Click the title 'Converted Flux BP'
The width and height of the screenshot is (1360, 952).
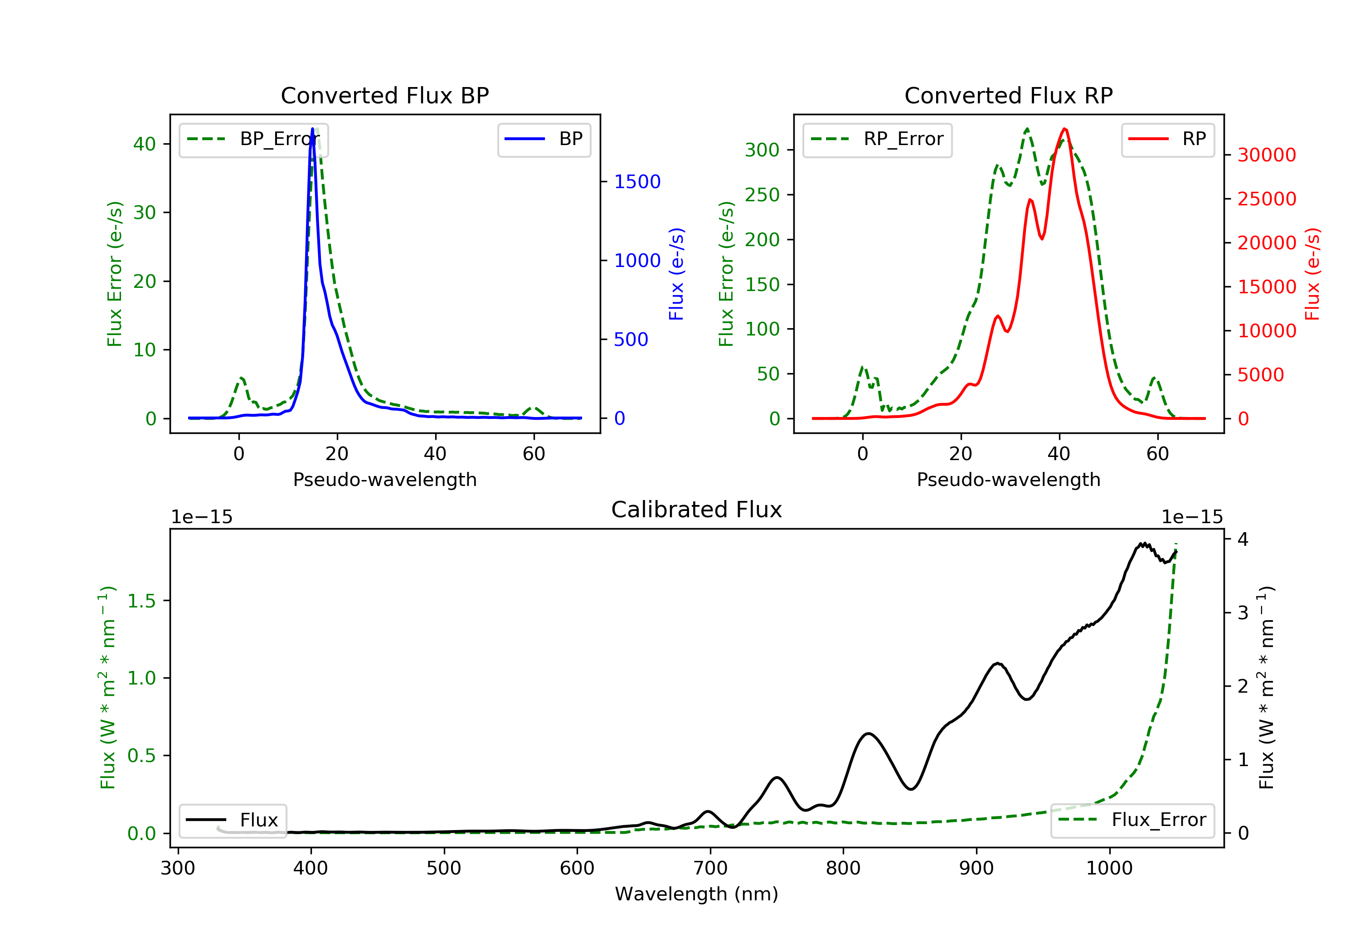click(x=384, y=95)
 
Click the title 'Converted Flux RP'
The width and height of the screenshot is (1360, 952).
click(x=1008, y=95)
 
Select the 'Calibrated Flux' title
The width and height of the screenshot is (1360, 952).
click(x=697, y=510)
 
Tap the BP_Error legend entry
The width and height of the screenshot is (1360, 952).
click(x=253, y=139)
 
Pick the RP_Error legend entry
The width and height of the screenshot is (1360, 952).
click(x=877, y=139)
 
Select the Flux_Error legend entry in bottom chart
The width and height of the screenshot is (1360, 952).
click(x=1132, y=820)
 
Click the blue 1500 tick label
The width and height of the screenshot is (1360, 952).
click(x=637, y=182)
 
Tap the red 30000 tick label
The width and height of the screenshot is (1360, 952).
click(x=1267, y=155)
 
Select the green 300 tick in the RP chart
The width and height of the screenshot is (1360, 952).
click(x=762, y=150)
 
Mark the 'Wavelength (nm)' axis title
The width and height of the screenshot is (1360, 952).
click(x=697, y=894)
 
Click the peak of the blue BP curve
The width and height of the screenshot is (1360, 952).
click(x=313, y=129)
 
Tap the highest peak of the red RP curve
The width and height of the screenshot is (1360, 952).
click(x=1064, y=129)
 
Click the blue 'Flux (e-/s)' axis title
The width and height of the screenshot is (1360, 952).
click(x=676, y=274)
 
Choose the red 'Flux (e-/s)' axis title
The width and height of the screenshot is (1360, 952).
click(x=1312, y=274)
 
